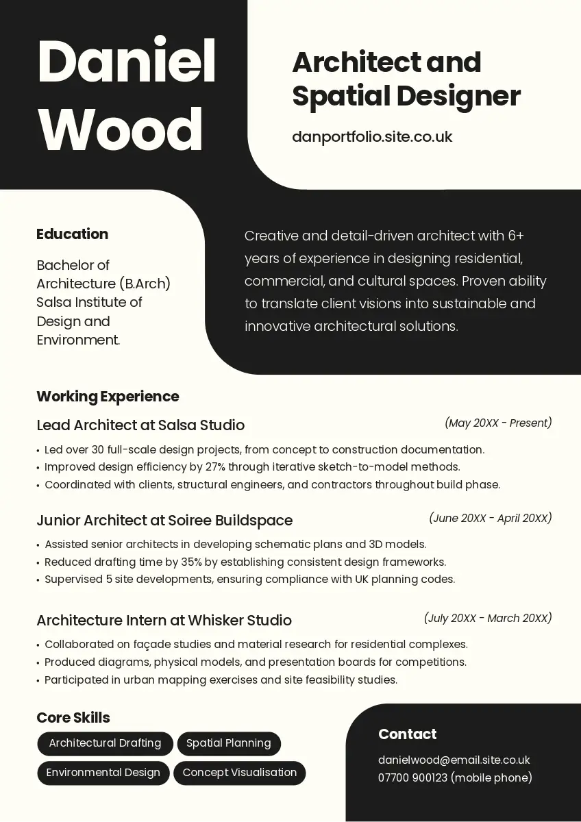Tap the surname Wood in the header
tap(121, 130)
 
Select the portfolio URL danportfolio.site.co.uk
tap(372, 136)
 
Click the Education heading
tap(72, 234)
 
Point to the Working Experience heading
tap(108, 397)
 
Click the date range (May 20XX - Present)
tap(498, 423)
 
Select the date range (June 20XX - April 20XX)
tap(491, 518)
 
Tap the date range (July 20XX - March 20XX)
tap(488, 619)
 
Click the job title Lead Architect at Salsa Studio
tap(140, 425)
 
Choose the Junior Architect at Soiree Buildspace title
tap(164, 521)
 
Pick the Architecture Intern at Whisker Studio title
tap(164, 621)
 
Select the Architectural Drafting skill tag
tap(105, 743)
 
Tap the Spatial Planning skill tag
tap(229, 743)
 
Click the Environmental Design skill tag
tap(103, 773)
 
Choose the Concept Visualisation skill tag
tap(240, 773)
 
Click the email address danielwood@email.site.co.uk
tap(454, 760)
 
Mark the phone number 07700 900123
tap(412, 777)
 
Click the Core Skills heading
tap(73, 718)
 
